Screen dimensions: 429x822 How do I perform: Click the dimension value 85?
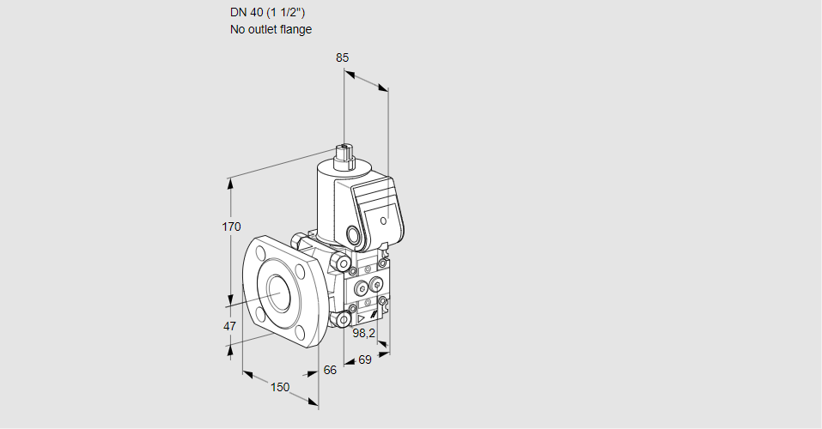coord(343,58)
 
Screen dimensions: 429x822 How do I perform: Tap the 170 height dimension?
coord(230,227)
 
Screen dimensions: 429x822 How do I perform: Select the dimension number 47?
coord(229,326)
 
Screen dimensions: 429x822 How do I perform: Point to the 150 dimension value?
coord(280,387)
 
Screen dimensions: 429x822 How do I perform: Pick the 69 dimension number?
coord(364,360)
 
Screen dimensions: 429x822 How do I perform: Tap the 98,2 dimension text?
coord(365,333)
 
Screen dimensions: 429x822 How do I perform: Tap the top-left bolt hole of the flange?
coord(260,252)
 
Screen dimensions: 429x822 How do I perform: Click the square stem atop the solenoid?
coord(347,154)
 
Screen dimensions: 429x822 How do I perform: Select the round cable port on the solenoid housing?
coord(354,234)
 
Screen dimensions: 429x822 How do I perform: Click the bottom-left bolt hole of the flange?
coord(259,310)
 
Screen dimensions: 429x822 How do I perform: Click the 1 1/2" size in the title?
coord(285,13)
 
